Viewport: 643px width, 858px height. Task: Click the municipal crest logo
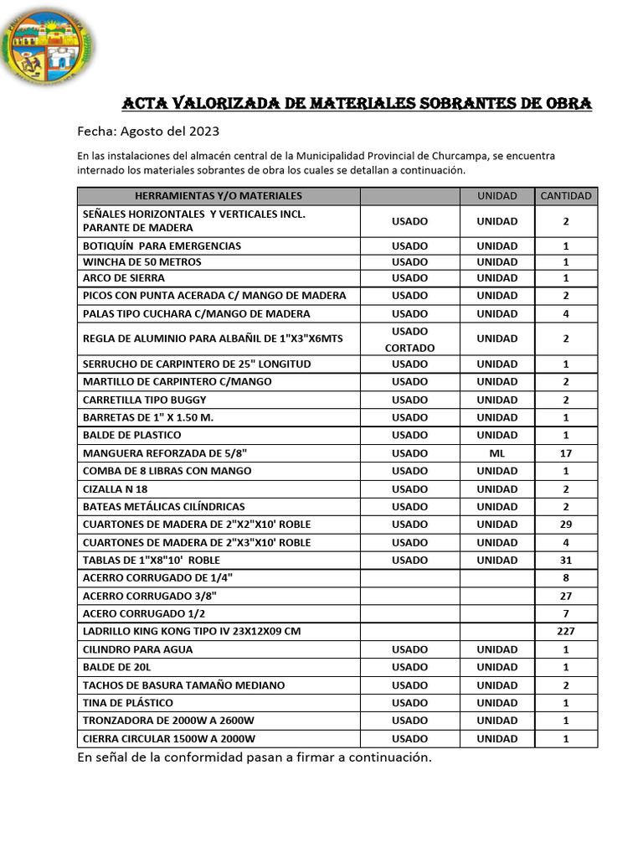tap(49, 47)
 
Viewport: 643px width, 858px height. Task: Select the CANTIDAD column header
tap(566, 196)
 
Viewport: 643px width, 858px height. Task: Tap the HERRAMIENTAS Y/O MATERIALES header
tap(219, 196)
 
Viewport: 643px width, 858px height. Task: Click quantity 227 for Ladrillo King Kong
tap(566, 632)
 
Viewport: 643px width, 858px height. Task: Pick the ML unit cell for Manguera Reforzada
tap(497, 453)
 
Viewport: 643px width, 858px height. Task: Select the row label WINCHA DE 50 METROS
tap(142, 262)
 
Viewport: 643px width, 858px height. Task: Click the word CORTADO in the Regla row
tap(409, 348)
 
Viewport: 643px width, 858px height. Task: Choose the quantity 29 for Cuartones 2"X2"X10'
tap(566, 525)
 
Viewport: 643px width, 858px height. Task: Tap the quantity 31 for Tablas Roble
tap(566, 561)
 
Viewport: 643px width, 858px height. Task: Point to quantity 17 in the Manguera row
tap(566, 453)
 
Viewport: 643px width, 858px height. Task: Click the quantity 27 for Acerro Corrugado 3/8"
tap(566, 596)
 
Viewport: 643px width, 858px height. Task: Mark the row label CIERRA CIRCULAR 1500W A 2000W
tap(169, 739)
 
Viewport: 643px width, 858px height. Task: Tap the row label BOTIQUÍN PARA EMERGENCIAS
tap(162, 246)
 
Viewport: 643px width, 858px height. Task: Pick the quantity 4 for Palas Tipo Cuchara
tap(566, 314)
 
